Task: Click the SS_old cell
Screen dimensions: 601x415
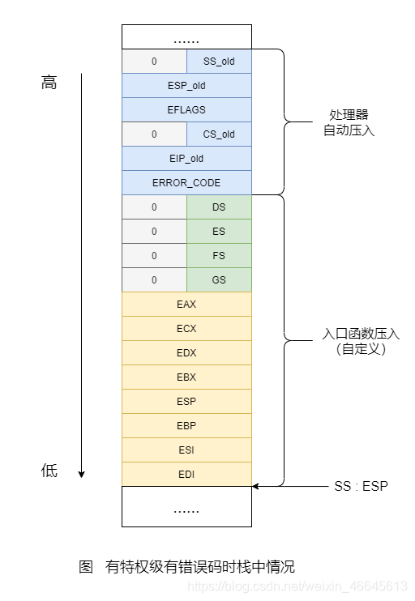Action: coord(219,61)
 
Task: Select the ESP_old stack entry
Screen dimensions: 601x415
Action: coord(186,85)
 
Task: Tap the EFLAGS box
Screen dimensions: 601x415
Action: coord(186,109)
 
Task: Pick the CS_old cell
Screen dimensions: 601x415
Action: coord(219,134)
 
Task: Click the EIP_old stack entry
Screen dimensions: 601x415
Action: coord(186,158)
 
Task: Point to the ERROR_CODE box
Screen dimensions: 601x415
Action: coord(186,182)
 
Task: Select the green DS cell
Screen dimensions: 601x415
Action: coord(219,207)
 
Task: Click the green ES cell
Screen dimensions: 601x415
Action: coord(219,231)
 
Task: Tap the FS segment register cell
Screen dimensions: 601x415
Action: coord(219,255)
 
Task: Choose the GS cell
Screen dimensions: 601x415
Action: coord(219,279)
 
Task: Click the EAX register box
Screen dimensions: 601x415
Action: coord(186,304)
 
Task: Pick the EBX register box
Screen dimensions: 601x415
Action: coord(186,377)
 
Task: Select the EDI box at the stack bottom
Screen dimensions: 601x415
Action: coord(186,474)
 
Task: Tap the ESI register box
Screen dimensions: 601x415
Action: coord(186,450)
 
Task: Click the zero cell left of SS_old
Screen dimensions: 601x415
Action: coord(154,61)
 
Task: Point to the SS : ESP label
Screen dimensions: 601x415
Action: coord(362,486)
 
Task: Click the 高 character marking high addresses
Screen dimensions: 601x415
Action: coord(49,83)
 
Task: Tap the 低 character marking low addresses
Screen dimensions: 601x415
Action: coord(49,471)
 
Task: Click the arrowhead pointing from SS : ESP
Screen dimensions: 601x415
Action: coord(255,486)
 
